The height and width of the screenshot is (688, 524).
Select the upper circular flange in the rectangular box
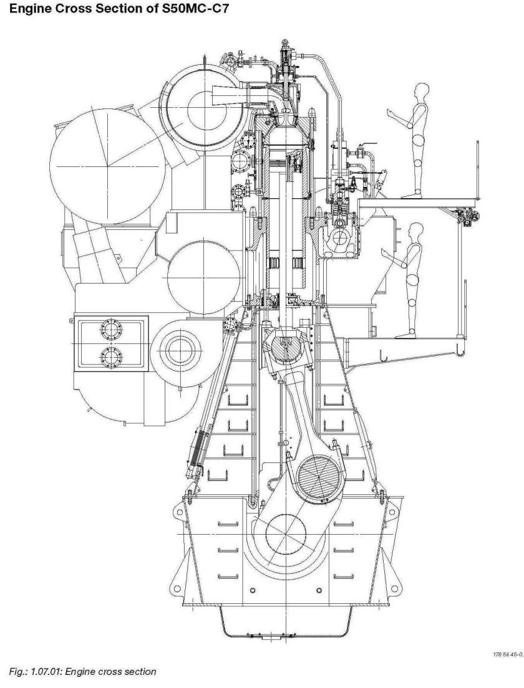111,328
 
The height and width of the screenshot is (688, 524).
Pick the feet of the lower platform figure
403,337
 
